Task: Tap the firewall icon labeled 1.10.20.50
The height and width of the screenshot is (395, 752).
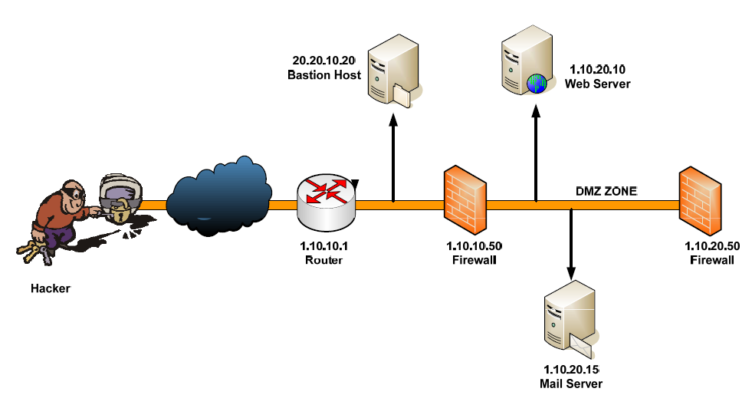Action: [x=700, y=199]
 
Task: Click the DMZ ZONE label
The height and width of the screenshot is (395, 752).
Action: [x=606, y=192]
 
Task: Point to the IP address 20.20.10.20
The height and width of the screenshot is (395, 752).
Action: [x=324, y=61]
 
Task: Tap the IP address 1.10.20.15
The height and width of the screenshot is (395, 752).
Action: [x=571, y=370]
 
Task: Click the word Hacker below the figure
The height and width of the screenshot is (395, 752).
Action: [x=50, y=288]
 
